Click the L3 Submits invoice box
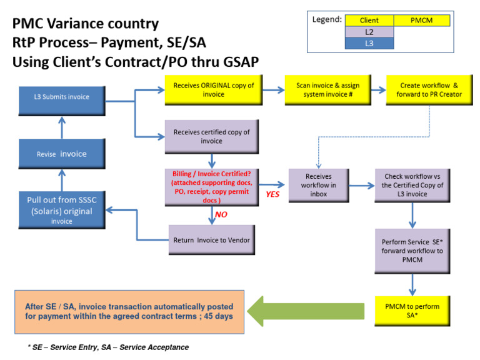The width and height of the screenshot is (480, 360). (61, 97)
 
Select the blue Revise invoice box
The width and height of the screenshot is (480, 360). (61, 154)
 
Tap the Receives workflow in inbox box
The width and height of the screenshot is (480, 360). (319, 184)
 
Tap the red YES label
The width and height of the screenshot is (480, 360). (272, 194)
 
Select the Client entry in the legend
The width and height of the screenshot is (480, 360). (369, 21)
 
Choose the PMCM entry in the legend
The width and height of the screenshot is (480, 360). (422, 21)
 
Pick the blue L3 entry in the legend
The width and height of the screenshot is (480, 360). (369, 43)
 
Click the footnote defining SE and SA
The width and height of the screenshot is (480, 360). (107, 347)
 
